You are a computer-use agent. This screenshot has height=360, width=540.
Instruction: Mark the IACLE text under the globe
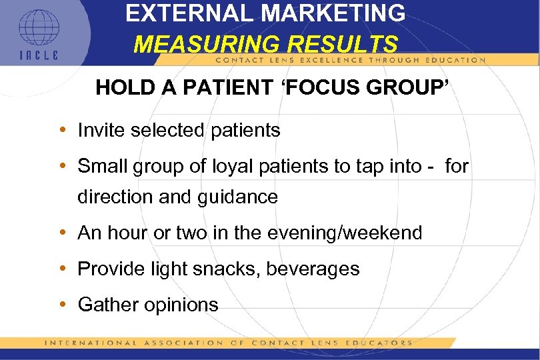(38, 55)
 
